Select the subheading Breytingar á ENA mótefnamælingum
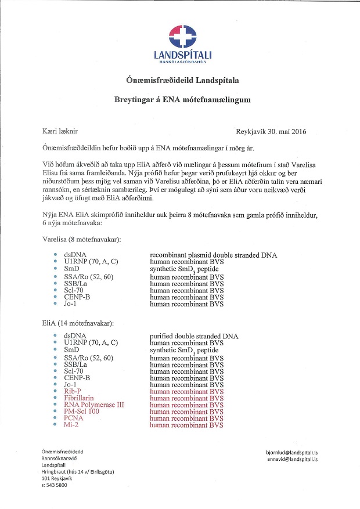click(x=182, y=100)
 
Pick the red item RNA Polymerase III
click(x=95, y=405)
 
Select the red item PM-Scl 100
click(x=81, y=411)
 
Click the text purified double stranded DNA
click(x=193, y=336)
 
